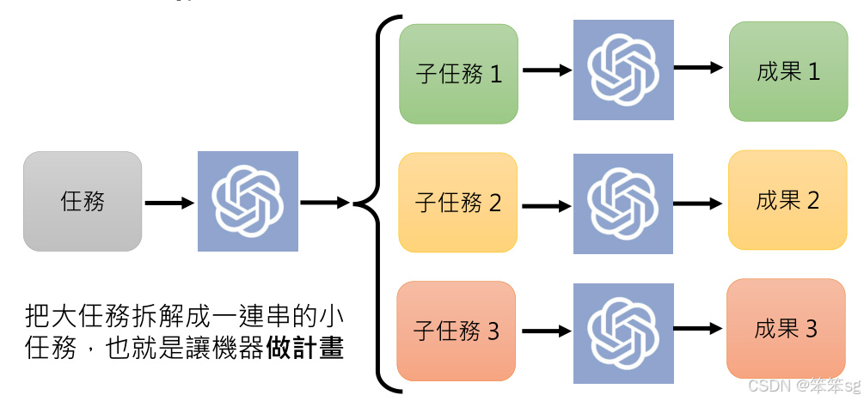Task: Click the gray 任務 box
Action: pyautogui.click(x=83, y=202)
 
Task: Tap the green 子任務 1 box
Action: pyautogui.click(x=458, y=73)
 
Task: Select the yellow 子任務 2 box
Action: pyautogui.click(x=458, y=203)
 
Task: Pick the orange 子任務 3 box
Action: pyautogui.click(x=457, y=331)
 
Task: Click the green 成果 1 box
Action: pyautogui.click(x=787, y=71)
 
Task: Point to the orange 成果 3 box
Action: pyautogui.click(x=786, y=329)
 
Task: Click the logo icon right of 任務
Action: pyautogui.click(x=248, y=201)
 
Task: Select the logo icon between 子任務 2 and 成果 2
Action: pyautogui.click(x=623, y=204)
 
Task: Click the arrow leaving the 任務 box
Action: pyautogui.click(x=170, y=204)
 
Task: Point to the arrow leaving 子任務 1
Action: pyautogui.click(x=547, y=71)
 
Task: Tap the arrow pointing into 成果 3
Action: pyautogui.click(x=697, y=329)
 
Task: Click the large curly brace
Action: pyautogui.click(x=378, y=203)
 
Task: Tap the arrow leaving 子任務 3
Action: pyautogui.click(x=546, y=331)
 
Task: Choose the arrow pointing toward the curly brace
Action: pyautogui.click(x=325, y=203)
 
